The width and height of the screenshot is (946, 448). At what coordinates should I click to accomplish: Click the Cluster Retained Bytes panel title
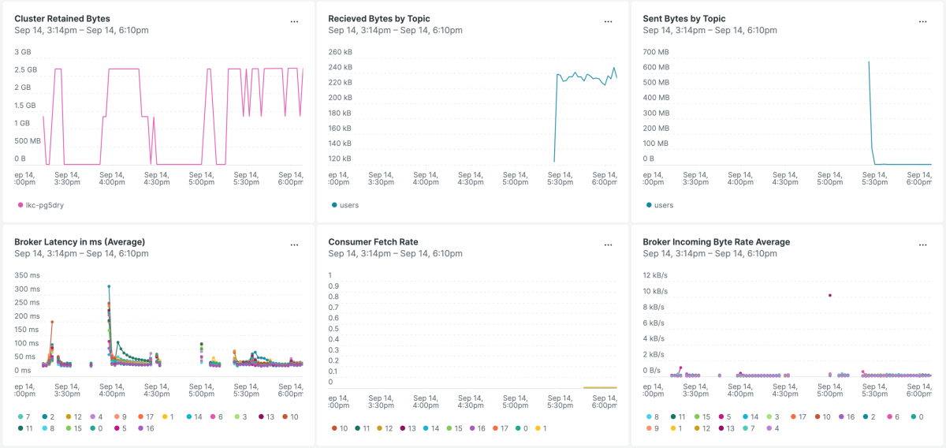pos(62,18)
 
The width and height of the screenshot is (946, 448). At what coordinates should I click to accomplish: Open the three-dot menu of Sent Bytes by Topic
pos(922,22)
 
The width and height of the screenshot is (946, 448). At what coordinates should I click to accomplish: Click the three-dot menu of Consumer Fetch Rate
pos(608,245)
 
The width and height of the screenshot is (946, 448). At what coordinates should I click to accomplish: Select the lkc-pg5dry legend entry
pos(45,205)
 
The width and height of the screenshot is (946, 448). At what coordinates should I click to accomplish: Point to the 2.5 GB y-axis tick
pos(25,69)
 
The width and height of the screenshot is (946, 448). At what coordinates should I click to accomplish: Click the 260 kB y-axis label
pos(341,51)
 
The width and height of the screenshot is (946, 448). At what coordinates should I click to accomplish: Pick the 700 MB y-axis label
pos(656,51)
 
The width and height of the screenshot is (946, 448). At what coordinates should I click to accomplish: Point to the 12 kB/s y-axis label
pos(656,275)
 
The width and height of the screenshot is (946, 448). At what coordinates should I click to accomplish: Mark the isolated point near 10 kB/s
pos(830,296)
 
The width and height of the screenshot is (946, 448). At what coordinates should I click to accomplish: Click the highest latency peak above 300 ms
pos(109,287)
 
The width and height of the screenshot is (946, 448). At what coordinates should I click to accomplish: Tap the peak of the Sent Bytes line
pos(869,62)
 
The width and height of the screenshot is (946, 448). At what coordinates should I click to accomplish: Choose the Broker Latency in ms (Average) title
pos(80,241)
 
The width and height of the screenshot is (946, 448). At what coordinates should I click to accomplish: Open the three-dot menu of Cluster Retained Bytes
pos(294,22)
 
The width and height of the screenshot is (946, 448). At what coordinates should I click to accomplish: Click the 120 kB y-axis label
pos(341,159)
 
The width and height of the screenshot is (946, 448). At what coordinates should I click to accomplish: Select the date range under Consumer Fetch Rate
pos(395,253)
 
